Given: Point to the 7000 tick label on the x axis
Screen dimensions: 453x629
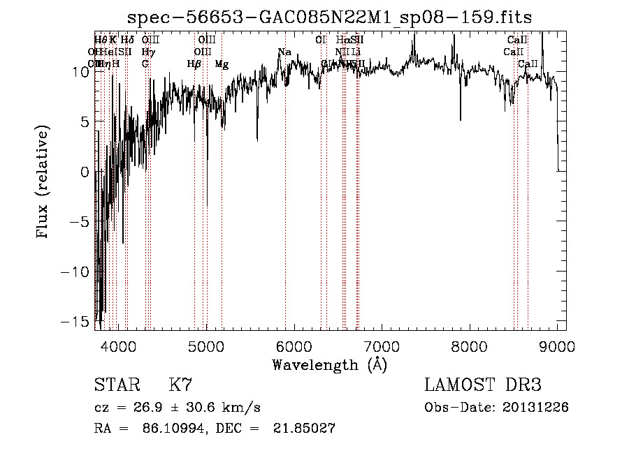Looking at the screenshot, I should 381,346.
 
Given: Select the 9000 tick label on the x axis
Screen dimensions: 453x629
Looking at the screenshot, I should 557,346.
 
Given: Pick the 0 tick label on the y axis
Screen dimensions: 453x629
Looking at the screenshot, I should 85,172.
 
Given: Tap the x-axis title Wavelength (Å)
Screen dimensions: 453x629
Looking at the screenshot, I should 329,364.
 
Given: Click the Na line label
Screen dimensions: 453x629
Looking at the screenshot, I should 284,52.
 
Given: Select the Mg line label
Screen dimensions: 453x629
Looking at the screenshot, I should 222,64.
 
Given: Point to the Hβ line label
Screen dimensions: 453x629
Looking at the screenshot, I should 194,64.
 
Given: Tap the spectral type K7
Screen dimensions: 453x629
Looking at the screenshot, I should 180,385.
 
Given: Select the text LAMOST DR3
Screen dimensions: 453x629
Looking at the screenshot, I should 483,385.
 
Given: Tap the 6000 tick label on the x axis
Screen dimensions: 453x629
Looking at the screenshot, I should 293,346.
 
